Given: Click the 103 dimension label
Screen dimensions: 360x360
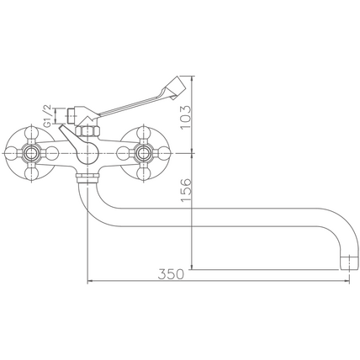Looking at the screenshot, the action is point(185,117).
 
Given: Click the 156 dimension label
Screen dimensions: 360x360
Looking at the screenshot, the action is point(186,191).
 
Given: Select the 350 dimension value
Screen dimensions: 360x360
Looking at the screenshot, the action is point(171,274).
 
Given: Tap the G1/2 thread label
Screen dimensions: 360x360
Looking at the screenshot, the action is point(48,116).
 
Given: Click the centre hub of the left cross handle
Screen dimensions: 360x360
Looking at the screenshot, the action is point(31,153).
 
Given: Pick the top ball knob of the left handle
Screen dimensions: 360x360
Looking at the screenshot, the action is point(31,134).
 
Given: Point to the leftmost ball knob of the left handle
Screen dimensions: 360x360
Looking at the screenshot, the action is point(12,153).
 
